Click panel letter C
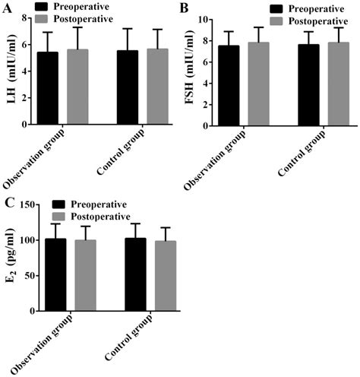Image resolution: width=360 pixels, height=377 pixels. click(x=8, y=202)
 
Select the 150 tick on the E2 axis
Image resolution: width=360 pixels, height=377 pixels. click(x=28, y=204)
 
